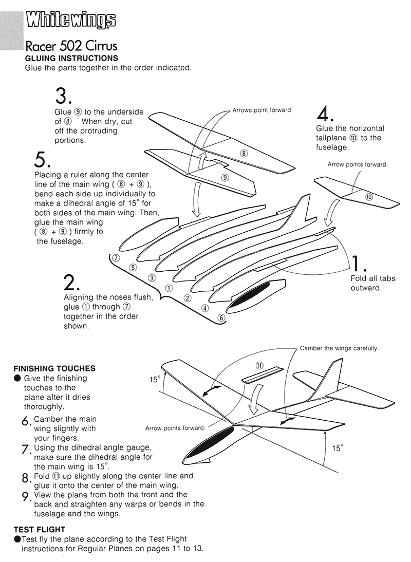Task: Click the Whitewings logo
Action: pyautogui.click(x=71, y=20)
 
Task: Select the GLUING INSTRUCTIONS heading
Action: pyautogui.click(x=71, y=58)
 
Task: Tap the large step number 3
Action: pyautogui.click(x=63, y=96)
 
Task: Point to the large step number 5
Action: pyautogui.click(x=41, y=160)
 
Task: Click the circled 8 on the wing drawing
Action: pyautogui.click(x=244, y=153)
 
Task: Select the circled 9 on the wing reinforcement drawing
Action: pyautogui.click(x=225, y=177)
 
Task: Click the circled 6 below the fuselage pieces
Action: pyautogui.click(x=221, y=317)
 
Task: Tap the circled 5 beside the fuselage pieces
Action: pyautogui.click(x=133, y=267)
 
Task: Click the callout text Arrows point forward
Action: pyautogui.click(x=262, y=110)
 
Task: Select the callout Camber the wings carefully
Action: pyautogui.click(x=339, y=348)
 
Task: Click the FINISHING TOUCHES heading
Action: pyautogui.click(x=54, y=368)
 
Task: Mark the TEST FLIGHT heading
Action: pyautogui.click(x=40, y=529)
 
